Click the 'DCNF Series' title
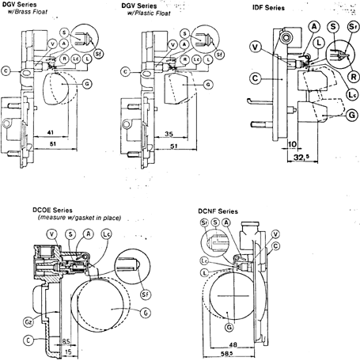click(x=227, y=212)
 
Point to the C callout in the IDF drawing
click(x=255, y=78)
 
